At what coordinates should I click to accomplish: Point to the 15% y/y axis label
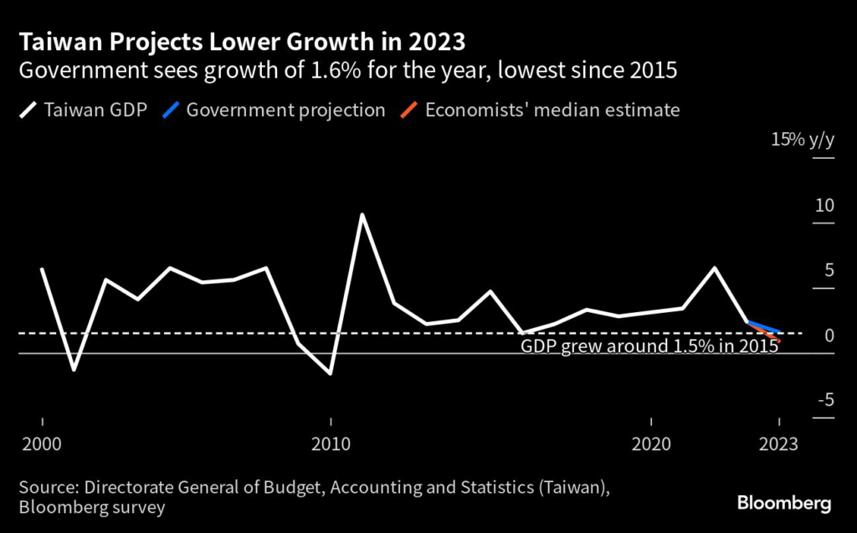(803, 140)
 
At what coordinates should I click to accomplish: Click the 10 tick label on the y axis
(824, 205)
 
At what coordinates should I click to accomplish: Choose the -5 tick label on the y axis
(824, 401)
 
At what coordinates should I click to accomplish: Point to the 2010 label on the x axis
(331, 443)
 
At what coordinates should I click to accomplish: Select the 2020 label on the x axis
(651, 443)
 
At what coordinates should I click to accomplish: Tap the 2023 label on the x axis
(779, 443)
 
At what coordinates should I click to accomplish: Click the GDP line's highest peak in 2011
(362, 214)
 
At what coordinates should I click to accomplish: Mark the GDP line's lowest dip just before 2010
(331, 373)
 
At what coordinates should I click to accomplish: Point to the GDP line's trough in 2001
(74, 369)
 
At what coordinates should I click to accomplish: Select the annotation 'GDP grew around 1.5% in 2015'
(650, 346)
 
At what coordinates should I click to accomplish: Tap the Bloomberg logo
(784, 503)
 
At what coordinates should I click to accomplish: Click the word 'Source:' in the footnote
(48, 488)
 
